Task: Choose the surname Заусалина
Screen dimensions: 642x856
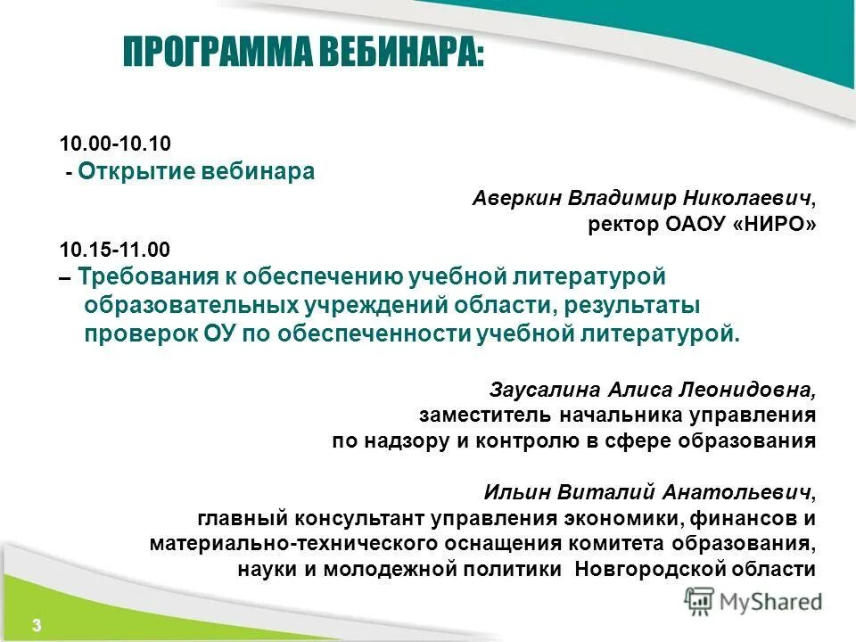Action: tap(545, 390)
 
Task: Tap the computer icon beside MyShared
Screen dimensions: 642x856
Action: tap(700, 601)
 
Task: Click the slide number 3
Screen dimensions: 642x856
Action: tap(37, 623)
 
